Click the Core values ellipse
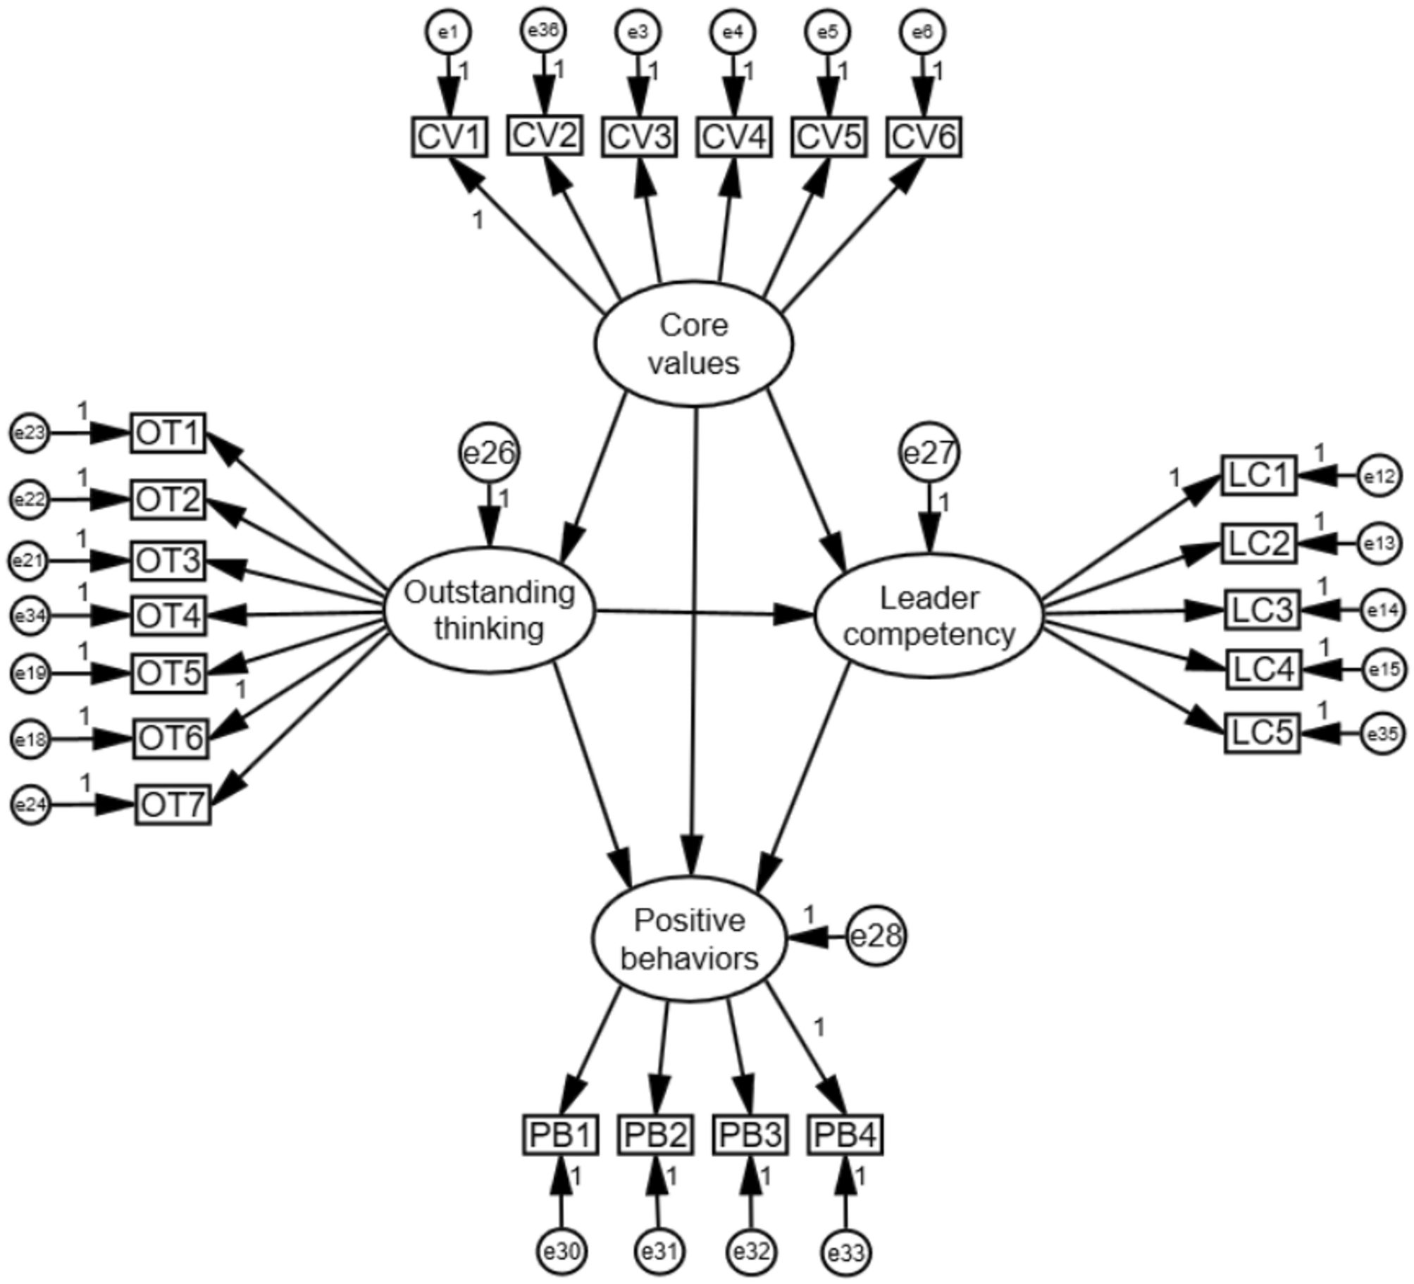694,344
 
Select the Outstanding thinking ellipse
490,610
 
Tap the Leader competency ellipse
929,616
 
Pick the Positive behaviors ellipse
689,939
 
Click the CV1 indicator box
449,137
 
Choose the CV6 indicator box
924,137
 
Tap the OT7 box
173,805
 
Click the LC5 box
1262,734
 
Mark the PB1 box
560,1135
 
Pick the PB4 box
845,1135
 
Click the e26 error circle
490,453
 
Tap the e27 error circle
929,453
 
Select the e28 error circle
876,936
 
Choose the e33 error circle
846,1252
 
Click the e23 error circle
30,433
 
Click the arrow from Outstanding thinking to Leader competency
705,613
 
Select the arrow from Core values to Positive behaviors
695,634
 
